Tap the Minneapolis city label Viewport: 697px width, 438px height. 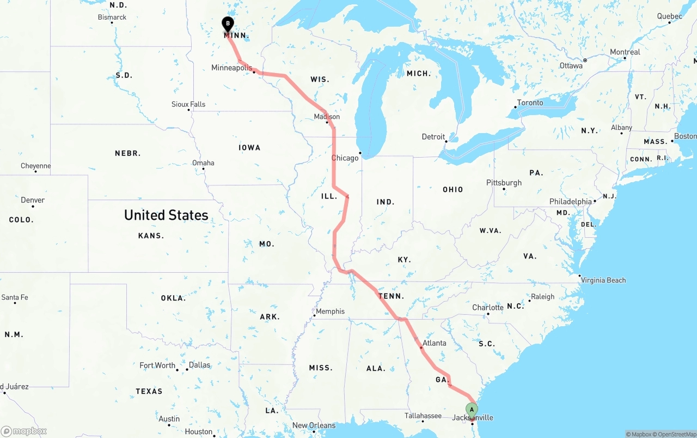coord(231,68)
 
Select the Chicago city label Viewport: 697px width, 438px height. coord(345,158)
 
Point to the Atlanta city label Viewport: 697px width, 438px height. coord(434,343)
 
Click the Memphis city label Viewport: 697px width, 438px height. coord(330,311)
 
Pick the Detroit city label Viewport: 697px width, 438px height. coord(433,137)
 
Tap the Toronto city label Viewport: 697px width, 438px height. coord(530,103)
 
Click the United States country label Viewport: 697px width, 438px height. coord(166,215)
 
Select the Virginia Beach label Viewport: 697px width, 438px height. coord(604,280)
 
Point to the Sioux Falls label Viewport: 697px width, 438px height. coord(188,104)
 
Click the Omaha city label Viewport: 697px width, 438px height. coord(203,163)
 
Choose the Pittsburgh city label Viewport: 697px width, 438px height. coord(504,183)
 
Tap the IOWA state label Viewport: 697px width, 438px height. coord(249,148)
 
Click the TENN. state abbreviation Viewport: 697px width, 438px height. coord(392,296)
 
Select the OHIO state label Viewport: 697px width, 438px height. coord(453,190)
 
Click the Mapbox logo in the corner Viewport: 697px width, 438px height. coord(24,431)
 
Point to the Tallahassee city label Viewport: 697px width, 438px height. coord(423,416)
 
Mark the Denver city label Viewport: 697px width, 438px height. coord(33,200)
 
